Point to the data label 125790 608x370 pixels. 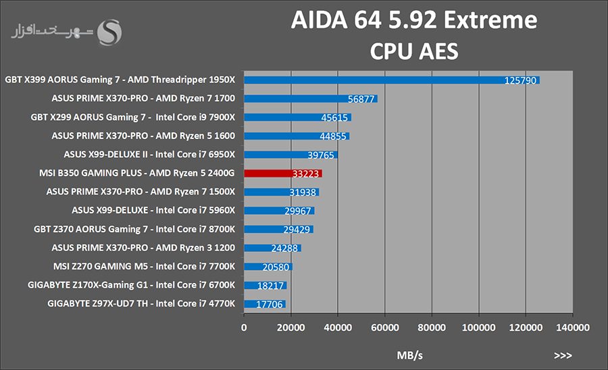tap(520, 80)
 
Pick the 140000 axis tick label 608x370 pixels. tap(572, 327)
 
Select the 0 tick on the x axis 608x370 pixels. tap(244, 327)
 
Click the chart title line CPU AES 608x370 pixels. tap(414, 51)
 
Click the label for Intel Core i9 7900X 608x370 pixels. tap(133, 117)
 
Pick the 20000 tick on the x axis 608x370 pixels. tap(290, 327)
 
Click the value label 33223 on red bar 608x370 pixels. tap(306, 174)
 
